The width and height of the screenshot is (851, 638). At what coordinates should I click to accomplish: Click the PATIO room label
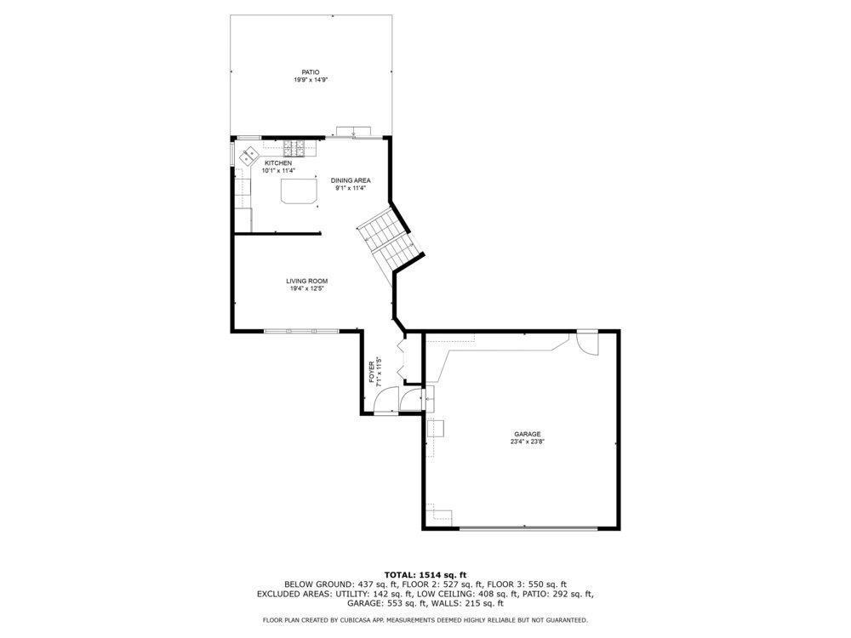[x=311, y=72]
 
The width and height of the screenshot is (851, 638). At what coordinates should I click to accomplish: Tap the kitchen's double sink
[x=249, y=156]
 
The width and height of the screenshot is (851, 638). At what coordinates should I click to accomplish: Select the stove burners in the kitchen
[x=294, y=145]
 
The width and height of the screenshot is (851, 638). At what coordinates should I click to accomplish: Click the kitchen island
[x=299, y=190]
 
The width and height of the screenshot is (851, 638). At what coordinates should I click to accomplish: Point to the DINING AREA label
[x=351, y=180]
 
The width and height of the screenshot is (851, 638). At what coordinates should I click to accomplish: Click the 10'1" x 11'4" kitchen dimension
[x=278, y=171]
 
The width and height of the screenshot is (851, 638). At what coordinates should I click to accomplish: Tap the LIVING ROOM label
[x=307, y=281]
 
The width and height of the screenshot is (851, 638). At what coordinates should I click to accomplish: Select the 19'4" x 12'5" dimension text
[x=307, y=288]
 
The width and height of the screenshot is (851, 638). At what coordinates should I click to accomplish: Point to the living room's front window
[x=302, y=330]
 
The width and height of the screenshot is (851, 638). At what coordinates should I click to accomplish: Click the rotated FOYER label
[x=372, y=373]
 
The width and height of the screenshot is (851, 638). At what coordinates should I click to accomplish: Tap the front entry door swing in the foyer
[x=386, y=401]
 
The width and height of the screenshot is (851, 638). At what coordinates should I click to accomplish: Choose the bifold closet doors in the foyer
[x=401, y=359]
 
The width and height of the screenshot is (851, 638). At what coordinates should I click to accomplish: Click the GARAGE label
[x=528, y=434]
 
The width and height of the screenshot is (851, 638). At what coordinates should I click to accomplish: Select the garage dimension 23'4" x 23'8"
[x=528, y=441]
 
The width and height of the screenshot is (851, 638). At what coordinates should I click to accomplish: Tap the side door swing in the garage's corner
[x=587, y=342]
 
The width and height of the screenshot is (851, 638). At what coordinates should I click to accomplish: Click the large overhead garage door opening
[x=528, y=528]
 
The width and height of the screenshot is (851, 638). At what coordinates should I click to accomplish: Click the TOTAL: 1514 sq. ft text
[x=425, y=574]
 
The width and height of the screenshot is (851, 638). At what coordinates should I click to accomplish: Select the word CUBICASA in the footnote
[x=355, y=620]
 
